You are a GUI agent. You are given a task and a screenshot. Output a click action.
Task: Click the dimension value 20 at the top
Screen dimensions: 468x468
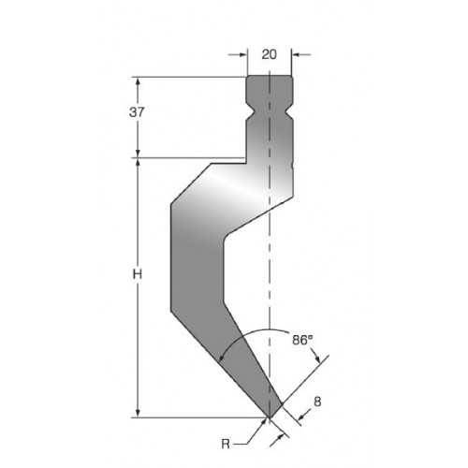point(269,54)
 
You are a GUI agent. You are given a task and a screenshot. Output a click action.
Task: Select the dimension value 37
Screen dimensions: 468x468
point(137,112)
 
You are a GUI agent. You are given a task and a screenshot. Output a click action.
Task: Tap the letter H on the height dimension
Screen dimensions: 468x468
point(138,274)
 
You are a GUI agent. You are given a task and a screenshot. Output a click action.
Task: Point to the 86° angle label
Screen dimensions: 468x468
point(302,340)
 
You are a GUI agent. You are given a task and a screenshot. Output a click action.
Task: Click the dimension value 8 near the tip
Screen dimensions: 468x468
point(317,402)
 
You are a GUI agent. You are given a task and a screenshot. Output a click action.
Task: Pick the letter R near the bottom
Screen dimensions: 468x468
point(226,444)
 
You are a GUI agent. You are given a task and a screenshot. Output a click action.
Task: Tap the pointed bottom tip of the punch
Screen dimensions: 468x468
point(269,417)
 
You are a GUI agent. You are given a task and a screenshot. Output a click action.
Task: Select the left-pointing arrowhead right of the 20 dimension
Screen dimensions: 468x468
point(296,54)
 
